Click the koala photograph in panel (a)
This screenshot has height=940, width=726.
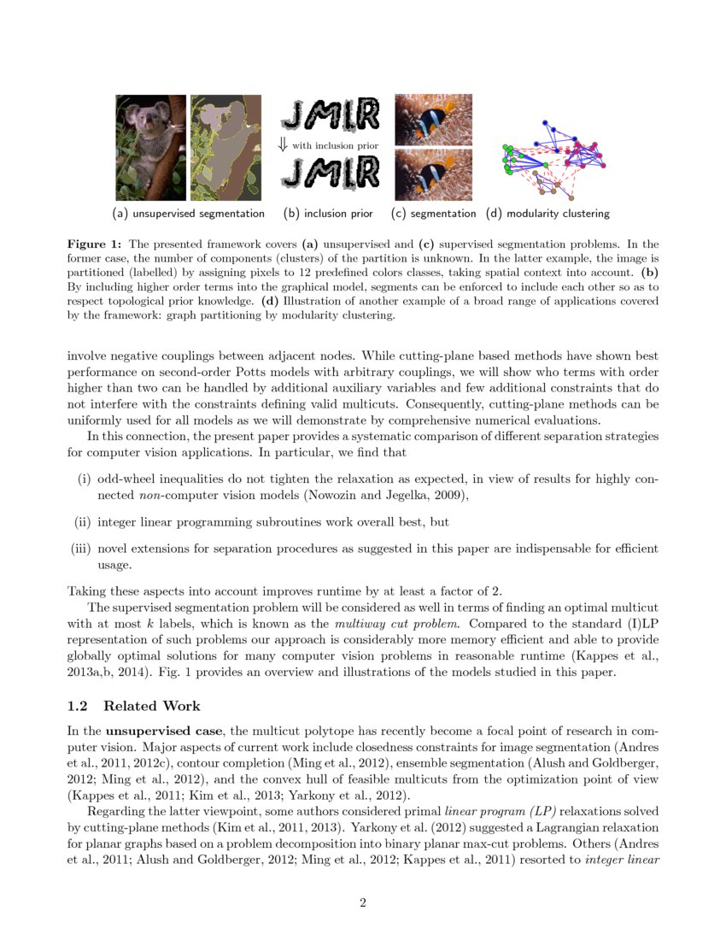click(150, 147)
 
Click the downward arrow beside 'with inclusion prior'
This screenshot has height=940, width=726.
click(284, 145)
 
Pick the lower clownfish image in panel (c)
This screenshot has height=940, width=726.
click(433, 174)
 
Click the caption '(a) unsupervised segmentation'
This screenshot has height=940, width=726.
click(188, 213)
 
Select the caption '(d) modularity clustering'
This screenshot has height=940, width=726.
click(547, 213)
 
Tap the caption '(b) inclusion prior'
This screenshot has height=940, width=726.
click(328, 213)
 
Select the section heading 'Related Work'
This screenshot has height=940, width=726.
click(151, 706)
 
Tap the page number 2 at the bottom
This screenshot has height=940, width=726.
click(363, 903)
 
